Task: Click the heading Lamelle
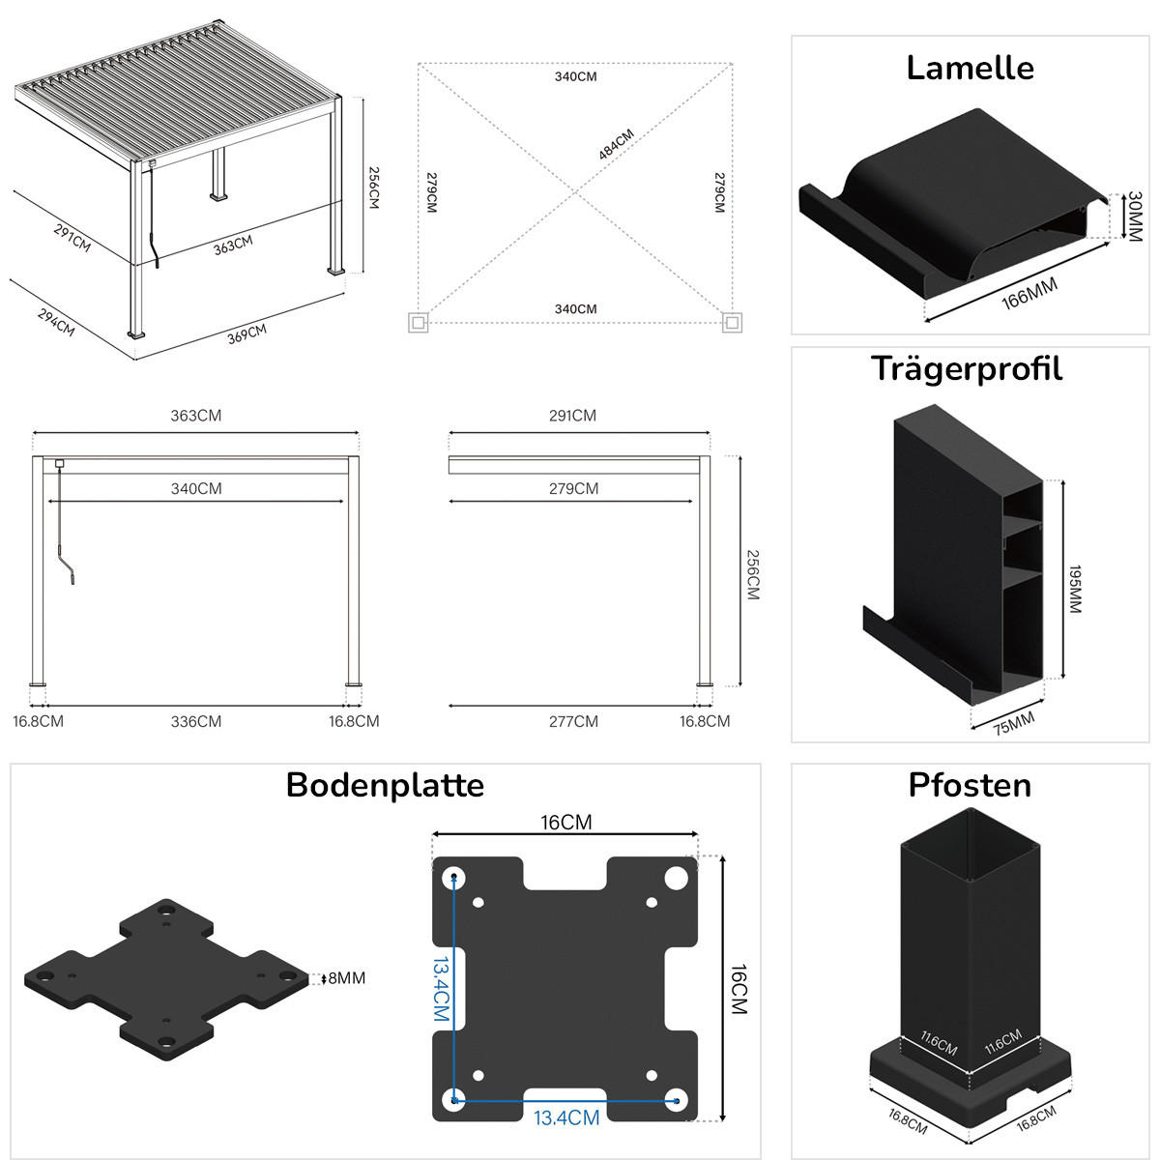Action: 970,68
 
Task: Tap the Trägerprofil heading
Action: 967,368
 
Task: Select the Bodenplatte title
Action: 385,784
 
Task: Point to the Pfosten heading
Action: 970,785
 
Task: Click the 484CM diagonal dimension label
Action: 616,144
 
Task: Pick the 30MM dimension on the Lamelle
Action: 1135,216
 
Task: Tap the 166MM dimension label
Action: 1029,293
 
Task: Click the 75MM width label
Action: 1013,722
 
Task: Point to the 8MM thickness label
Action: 346,978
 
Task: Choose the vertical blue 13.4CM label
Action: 441,990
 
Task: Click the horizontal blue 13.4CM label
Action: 566,1118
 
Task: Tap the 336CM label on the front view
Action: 196,721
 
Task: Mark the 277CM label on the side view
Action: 573,721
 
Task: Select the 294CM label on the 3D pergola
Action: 56,322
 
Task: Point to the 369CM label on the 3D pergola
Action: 246,335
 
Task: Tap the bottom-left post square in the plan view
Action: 419,322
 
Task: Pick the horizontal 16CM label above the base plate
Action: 566,823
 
